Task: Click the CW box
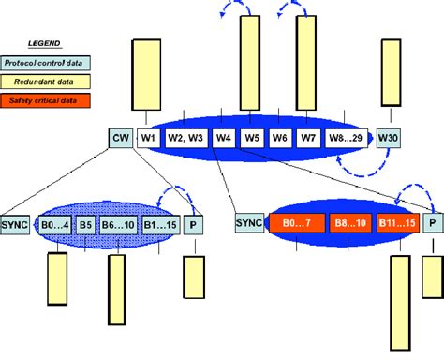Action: coord(120,138)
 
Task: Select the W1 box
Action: coord(148,138)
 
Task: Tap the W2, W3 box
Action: coord(185,138)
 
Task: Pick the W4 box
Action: coord(223,138)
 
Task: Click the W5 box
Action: coord(251,138)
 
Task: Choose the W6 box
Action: coord(279,138)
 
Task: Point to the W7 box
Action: coord(308,138)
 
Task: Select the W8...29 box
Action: coord(346,138)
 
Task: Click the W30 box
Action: coord(387,138)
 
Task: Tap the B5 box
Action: coord(85,225)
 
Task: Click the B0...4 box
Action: coord(54,225)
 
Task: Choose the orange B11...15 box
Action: coord(394,224)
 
